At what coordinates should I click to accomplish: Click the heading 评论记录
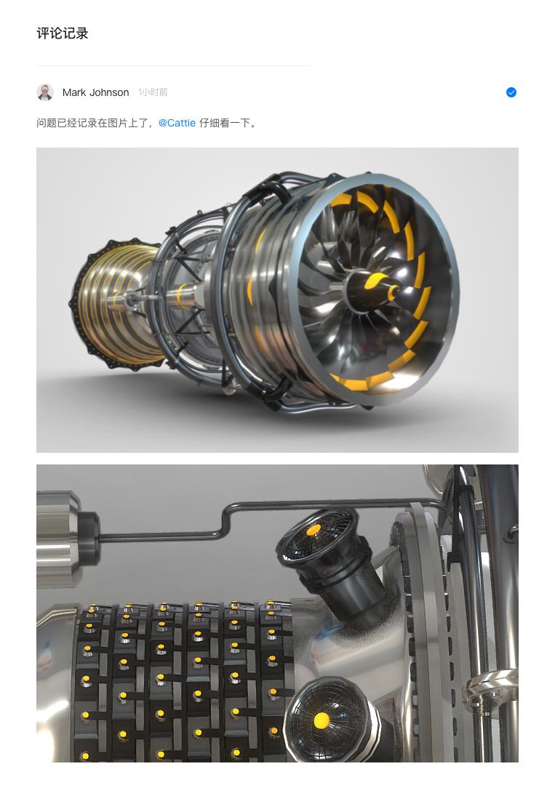62,33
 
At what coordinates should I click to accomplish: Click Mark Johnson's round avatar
45,92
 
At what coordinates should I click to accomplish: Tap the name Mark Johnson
96,92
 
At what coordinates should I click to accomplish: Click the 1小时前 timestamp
153,92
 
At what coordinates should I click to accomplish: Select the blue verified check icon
511,92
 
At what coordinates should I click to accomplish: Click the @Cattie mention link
177,123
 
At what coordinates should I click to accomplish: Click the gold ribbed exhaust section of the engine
120,300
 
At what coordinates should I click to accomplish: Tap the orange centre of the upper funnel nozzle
313,529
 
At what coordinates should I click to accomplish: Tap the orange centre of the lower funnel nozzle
321,721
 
